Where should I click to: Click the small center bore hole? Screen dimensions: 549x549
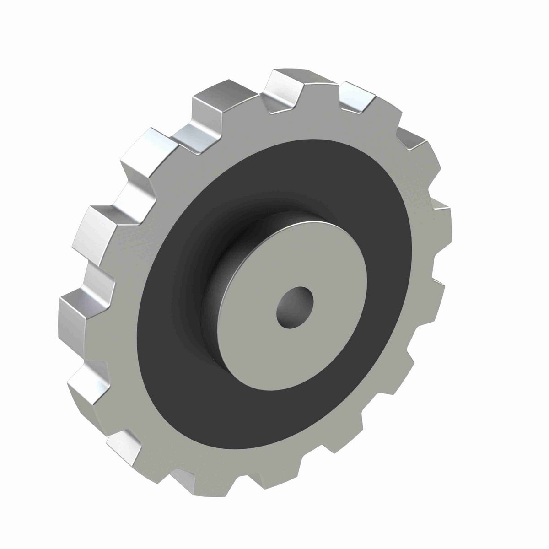[x=295, y=307]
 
